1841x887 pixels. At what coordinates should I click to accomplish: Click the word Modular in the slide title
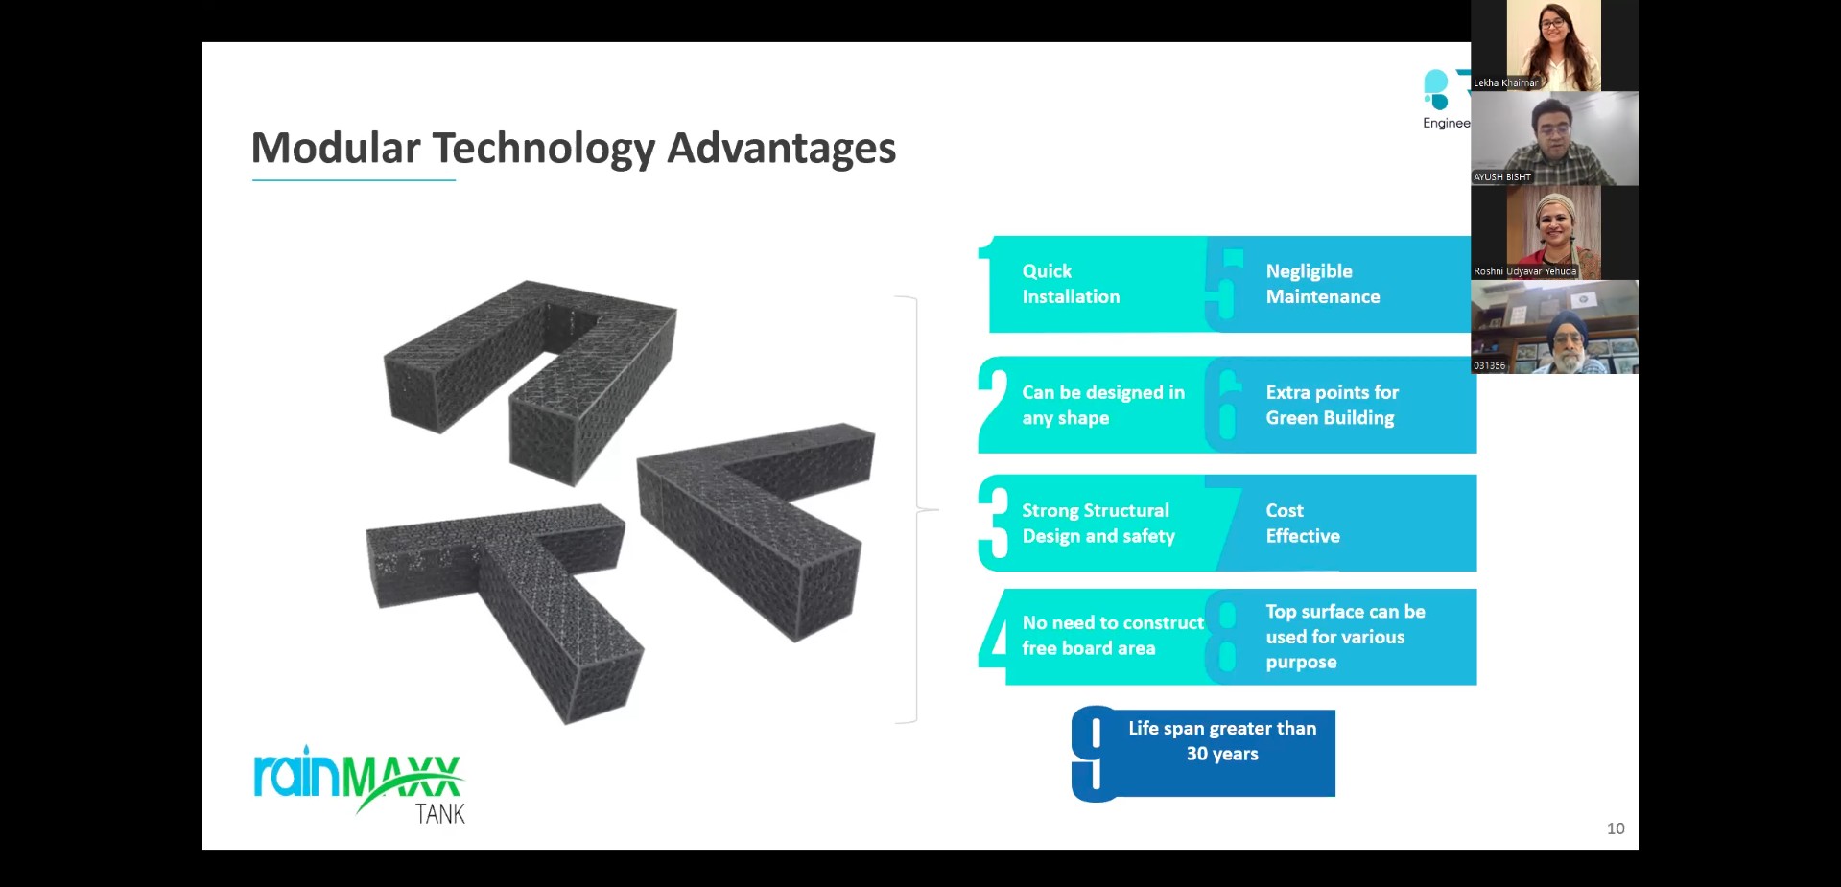click(x=336, y=148)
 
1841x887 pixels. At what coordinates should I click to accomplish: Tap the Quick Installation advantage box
click(x=1094, y=284)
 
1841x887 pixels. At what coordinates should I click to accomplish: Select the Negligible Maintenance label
click(x=1323, y=284)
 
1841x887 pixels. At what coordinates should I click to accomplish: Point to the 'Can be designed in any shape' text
click(x=1103, y=405)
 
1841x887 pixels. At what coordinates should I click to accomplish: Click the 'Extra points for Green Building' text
click(x=1332, y=405)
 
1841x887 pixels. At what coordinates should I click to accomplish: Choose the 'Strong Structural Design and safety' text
click(x=1098, y=523)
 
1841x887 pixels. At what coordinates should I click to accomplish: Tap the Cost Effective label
click(x=1303, y=523)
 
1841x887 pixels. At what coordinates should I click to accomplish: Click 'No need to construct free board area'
click(x=1113, y=635)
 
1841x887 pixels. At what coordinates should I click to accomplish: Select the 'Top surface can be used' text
click(x=1345, y=623)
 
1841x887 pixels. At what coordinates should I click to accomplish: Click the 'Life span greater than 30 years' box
click(x=1204, y=753)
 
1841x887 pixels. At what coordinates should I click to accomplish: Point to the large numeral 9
click(x=1094, y=754)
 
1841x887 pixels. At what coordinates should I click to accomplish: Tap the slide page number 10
click(x=1616, y=829)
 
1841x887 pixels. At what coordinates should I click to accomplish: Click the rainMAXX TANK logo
click(x=359, y=784)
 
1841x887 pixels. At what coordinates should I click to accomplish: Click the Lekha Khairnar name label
click(x=1505, y=83)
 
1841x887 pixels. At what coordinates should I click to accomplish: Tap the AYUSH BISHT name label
click(x=1502, y=177)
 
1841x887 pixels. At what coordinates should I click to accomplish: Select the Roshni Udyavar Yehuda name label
click(x=1525, y=271)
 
